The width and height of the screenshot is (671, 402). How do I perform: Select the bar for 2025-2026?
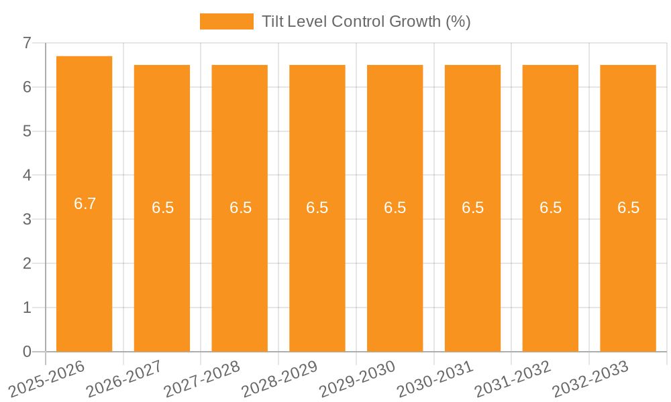pos(84,268)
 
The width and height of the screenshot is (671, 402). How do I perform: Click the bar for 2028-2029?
pos(317,268)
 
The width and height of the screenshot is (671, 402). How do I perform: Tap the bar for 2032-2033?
pos(628,268)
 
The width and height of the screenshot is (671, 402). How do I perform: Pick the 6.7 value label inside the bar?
pos(85,204)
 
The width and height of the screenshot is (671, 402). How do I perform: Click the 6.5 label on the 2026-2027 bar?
pos(162,208)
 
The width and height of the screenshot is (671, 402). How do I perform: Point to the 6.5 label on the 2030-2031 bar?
pos(473,208)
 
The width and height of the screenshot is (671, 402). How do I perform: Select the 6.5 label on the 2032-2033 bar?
pos(629,208)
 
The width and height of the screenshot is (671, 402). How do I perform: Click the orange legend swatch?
pos(226,21)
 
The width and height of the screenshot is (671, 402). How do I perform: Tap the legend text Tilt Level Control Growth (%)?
pos(366,21)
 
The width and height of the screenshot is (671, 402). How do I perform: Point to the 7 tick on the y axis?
pos(28,43)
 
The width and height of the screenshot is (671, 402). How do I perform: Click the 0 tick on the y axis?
pos(28,352)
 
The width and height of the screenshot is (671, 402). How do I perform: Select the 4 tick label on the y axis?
pos(28,176)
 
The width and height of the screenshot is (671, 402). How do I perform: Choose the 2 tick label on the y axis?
pos(28,263)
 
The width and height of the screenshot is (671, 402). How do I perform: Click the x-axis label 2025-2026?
pos(47,378)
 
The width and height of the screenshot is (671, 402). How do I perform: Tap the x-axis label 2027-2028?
pos(202,378)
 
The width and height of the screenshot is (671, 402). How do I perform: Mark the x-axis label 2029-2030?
pos(358,378)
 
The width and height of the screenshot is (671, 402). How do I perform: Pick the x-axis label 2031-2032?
pos(513,378)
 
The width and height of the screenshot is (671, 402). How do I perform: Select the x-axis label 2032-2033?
pos(590,378)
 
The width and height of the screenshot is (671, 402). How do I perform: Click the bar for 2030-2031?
pos(472,268)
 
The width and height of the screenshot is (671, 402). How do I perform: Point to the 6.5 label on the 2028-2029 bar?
pos(317,208)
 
